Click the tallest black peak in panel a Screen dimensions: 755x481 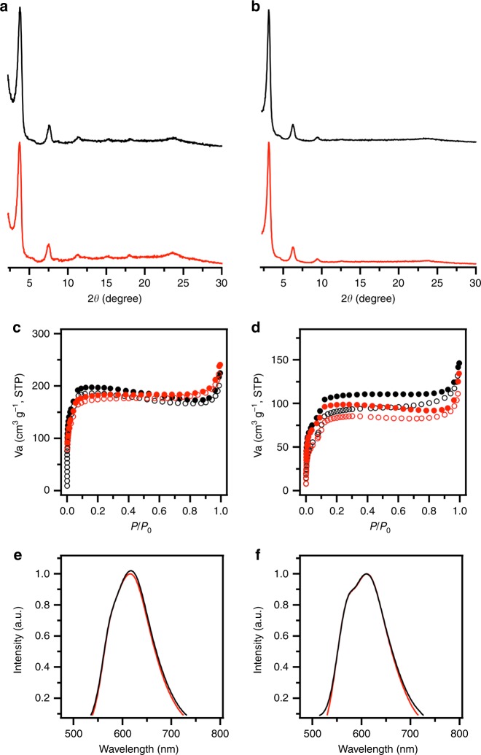click(x=20, y=9)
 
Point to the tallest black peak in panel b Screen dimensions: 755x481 click(x=269, y=9)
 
